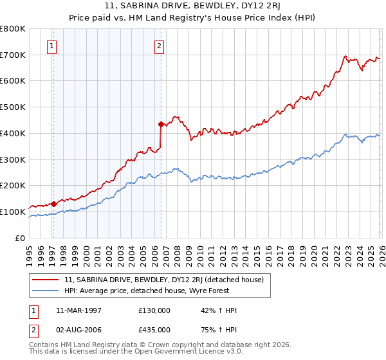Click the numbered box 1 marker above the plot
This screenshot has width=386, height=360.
(x=51, y=46)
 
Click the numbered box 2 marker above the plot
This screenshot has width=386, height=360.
(x=159, y=46)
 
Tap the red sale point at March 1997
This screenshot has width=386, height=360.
(x=54, y=204)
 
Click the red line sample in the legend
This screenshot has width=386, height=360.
(x=46, y=280)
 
